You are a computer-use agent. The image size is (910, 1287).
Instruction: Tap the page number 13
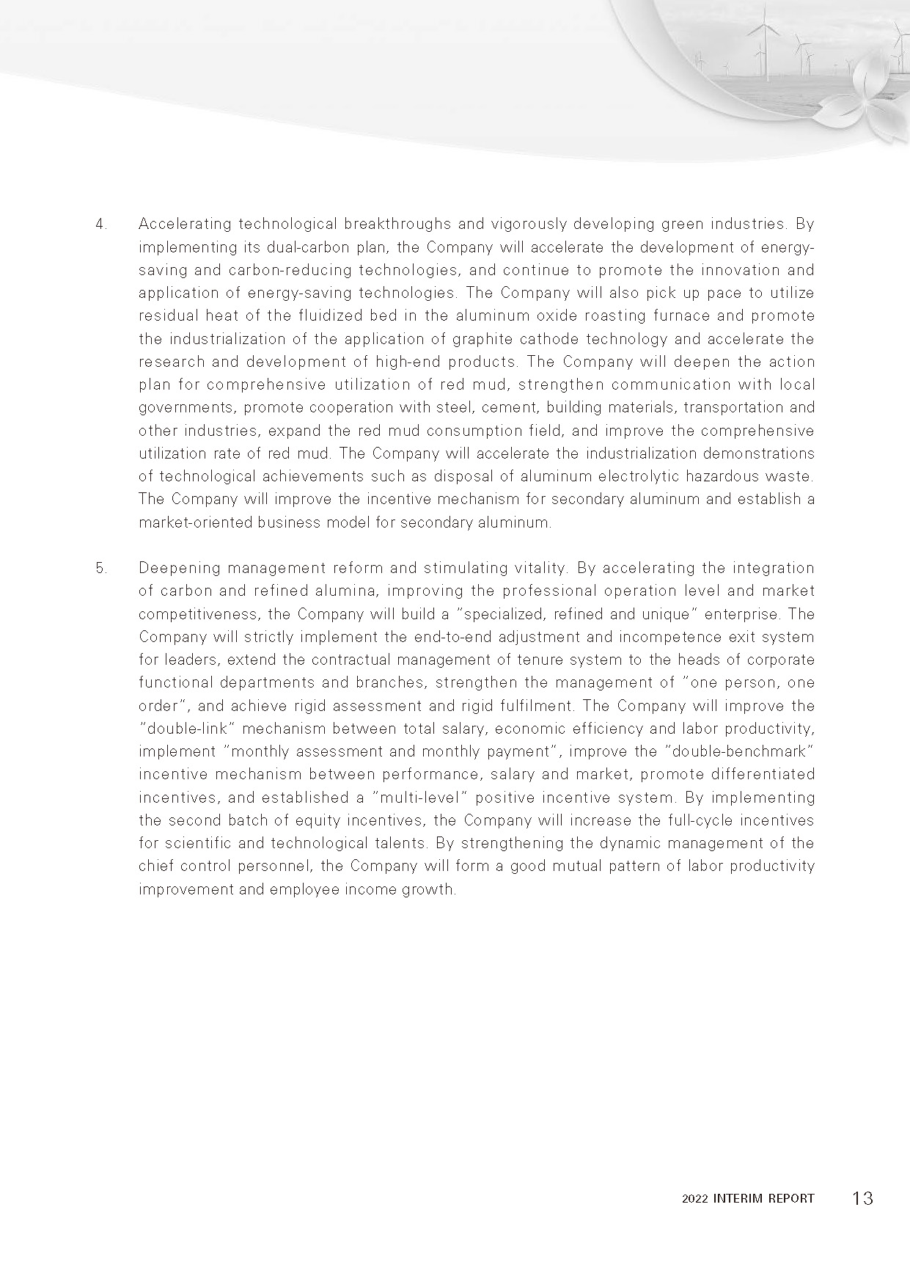862,1198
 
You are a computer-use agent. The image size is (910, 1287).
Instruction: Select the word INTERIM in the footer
738,1199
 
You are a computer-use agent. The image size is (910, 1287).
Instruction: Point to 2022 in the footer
694,1199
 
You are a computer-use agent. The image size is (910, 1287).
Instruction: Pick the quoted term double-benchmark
742,751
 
